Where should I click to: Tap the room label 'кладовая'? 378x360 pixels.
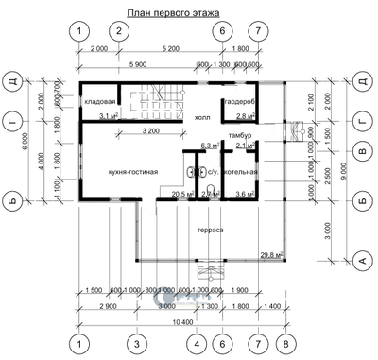click(x=100, y=101)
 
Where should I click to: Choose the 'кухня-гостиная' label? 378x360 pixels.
click(x=126, y=171)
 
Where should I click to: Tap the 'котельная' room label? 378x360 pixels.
click(x=240, y=172)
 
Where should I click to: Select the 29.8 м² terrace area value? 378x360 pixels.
click(x=271, y=254)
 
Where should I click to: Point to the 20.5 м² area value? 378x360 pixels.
click(x=169, y=195)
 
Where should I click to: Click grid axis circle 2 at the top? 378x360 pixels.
click(x=118, y=30)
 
